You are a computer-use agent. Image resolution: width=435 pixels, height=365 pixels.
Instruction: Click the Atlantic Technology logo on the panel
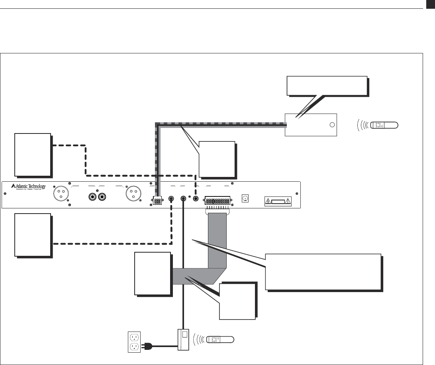point(28,187)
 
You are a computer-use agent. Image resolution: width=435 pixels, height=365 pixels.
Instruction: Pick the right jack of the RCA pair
point(102,196)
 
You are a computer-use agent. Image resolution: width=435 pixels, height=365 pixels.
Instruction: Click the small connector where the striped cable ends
point(157,201)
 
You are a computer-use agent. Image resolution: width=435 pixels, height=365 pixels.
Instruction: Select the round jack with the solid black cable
point(184,198)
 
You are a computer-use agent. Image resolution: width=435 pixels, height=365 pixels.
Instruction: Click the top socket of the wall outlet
point(133,336)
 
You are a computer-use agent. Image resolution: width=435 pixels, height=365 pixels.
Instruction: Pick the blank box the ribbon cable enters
point(153,274)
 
